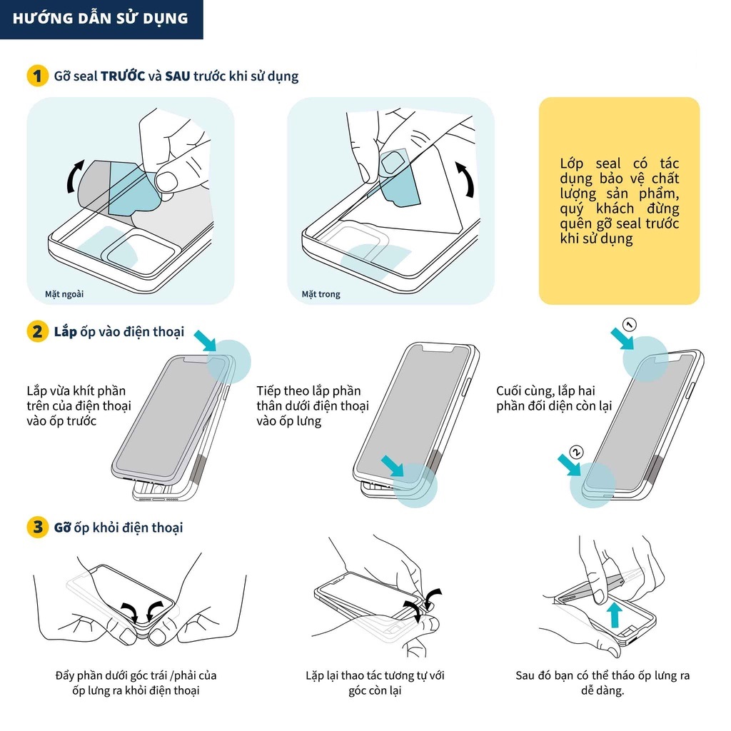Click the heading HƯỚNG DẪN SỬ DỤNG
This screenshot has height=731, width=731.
pos(101,19)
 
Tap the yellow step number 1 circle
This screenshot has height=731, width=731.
pos(37,76)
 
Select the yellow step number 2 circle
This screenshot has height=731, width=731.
pos(37,332)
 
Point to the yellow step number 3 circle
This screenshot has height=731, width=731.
pos(37,528)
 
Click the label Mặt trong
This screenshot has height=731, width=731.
pos(321,293)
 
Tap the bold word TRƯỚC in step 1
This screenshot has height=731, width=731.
pos(123,76)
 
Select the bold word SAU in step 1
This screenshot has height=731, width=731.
pos(178,76)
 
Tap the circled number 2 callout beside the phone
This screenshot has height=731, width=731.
pos(578,452)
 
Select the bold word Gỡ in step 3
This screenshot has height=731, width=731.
pos(61,528)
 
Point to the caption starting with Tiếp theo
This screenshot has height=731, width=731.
pos(312,405)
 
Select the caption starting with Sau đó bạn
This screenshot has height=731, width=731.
pos(603,682)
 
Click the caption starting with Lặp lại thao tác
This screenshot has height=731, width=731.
pos(375,682)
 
